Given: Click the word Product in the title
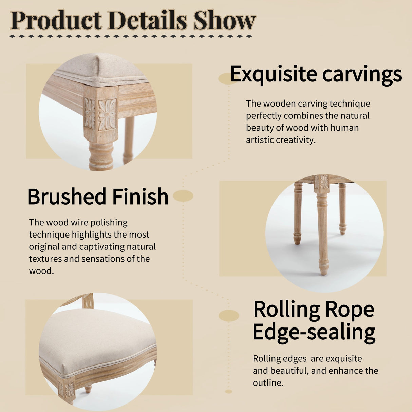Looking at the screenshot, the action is coord(56,20).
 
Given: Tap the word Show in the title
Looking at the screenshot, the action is coord(225,20).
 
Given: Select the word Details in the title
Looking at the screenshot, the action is coord(148,20).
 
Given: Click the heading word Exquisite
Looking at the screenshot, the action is coord(274,74).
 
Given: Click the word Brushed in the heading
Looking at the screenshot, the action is coord(67,196).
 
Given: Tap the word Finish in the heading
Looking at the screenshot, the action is coord(141,196).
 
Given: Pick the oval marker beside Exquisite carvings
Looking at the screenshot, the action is coord(228,78).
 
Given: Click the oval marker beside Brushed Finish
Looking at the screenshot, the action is coord(183,196).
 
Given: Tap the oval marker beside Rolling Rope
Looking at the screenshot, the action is coord(229,316).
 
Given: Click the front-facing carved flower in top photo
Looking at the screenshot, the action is coord(107,115).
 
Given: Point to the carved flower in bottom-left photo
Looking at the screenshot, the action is coord(70,390).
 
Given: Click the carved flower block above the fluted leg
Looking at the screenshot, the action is coord(322,182).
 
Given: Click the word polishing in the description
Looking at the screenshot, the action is coord(109,223).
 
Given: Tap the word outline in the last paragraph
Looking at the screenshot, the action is coord(268,383).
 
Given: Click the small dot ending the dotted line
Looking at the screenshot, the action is coord(229,392).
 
